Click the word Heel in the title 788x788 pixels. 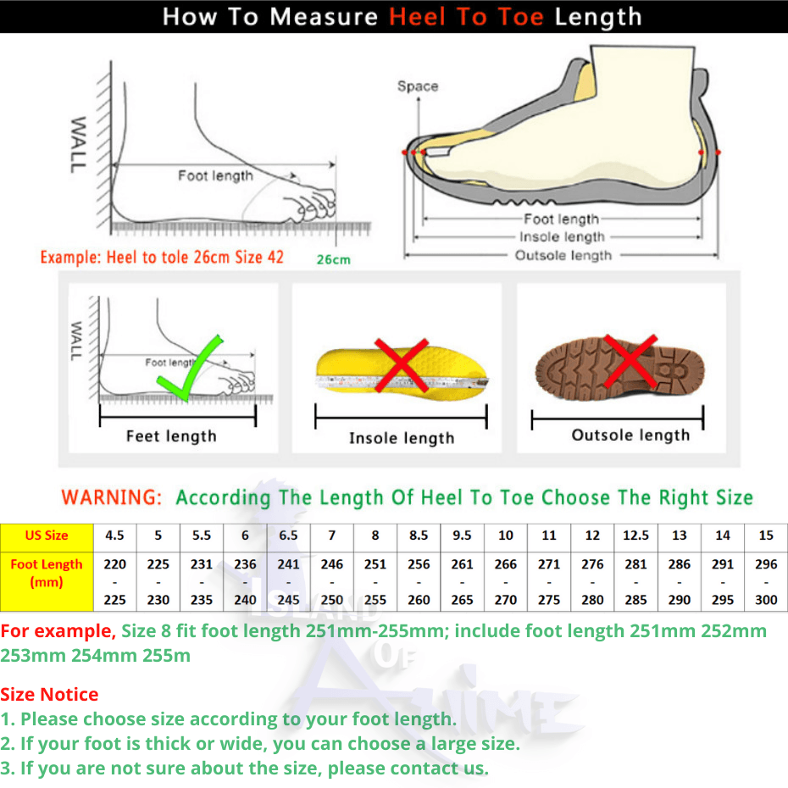click(418, 17)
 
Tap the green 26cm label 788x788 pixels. click(333, 259)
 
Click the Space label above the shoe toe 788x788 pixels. click(418, 86)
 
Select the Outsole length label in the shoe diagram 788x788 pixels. click(563, 255)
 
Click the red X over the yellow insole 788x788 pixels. click(401, 365)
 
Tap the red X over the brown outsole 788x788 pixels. click(630, 361)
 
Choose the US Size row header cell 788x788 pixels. click(47, 536)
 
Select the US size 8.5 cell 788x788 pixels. click(419, 536)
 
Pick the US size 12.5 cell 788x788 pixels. click(635, 536)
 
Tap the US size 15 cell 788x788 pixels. click(766, 536)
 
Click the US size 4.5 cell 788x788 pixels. click(114, 536)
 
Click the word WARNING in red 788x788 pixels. click(111, 497)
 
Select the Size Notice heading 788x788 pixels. click(49, 694)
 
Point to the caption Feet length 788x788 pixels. click(171, 436)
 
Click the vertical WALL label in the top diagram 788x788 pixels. click(79, 145)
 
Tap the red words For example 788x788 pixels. click(58, 630)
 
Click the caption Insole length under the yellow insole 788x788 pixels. click(402, 438)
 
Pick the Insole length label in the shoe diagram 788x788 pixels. click(562, 236)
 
